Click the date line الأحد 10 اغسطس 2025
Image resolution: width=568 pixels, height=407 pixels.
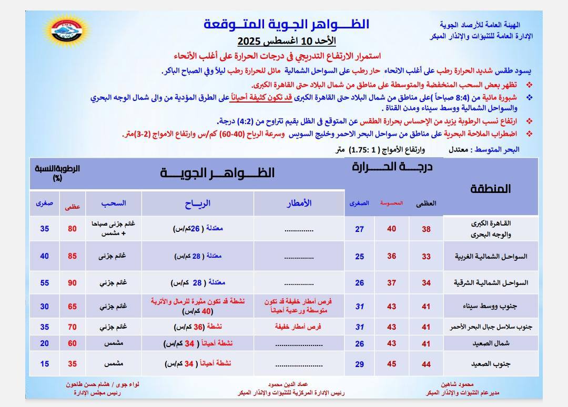pos(287,41)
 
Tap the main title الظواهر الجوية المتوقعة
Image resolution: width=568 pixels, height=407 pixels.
pos(287,24)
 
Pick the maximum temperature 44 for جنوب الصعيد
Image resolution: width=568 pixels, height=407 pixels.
pos(426,364)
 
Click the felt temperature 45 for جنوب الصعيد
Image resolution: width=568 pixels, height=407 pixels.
pos(392,364)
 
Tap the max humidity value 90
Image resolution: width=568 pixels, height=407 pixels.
pos(72,282)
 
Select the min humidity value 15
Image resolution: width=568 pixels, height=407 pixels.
pos(45,364)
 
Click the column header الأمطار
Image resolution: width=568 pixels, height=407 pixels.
pos(299,203)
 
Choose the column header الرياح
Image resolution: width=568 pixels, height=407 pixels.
pos(198,203)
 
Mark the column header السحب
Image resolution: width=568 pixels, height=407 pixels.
pos(114,203)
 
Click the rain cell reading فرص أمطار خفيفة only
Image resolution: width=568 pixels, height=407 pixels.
pos(298,327)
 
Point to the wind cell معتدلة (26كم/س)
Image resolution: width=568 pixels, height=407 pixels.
pos(198,229)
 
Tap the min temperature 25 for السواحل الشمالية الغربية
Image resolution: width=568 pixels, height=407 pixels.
pos(360,256)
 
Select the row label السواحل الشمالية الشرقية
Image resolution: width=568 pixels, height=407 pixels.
pos(490,282)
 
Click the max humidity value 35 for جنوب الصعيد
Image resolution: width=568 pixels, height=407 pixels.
pos(72,364)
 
